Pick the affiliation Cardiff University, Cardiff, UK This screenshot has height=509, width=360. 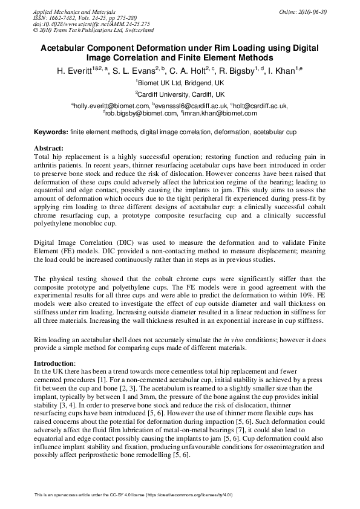tap(180, 94)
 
